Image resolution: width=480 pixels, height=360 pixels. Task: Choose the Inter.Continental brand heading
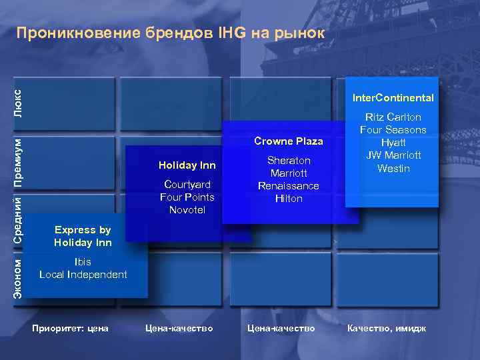point(393,98)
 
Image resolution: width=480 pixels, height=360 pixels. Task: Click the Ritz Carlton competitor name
point(393,117)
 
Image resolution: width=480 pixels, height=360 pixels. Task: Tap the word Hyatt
point(393,143)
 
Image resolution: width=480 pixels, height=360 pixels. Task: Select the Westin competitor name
point(393,169)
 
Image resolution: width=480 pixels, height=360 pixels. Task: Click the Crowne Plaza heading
point(289,141)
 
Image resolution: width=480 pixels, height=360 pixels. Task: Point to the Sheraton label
point(289,161)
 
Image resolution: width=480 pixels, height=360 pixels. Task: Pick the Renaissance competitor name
point(289,186)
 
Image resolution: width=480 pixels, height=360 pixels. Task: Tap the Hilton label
point(289,199)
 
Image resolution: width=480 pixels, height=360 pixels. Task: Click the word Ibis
point(83,262)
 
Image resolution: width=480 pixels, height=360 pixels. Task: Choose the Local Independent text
point(83,275)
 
